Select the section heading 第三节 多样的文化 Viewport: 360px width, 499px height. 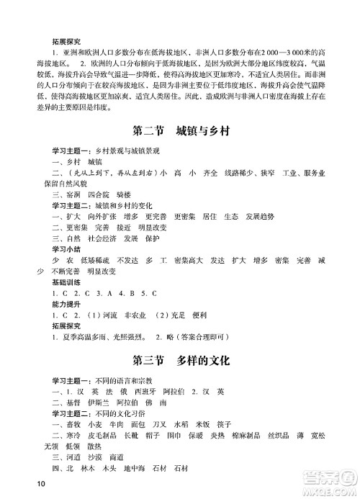(x=180, y=359)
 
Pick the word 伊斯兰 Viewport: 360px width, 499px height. (x=89, y=402)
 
